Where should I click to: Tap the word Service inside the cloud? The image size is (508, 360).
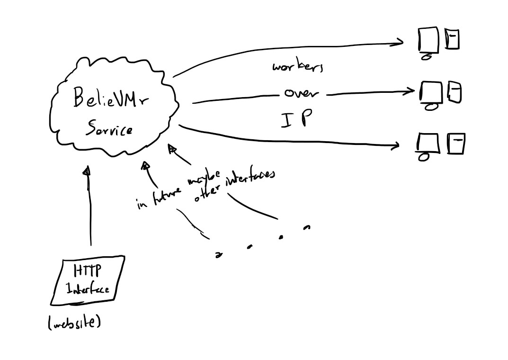point(109,128)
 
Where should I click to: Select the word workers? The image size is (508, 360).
point(298,67)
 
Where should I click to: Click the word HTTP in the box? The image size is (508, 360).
point(87,271)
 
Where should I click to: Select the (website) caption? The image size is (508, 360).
point(74,323)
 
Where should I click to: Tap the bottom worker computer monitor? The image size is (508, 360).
point(428,144)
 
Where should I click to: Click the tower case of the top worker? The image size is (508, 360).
point(452,39)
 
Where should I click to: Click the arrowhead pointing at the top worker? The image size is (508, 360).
point(399,43)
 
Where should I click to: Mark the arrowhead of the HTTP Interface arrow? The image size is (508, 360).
point(86,171)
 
